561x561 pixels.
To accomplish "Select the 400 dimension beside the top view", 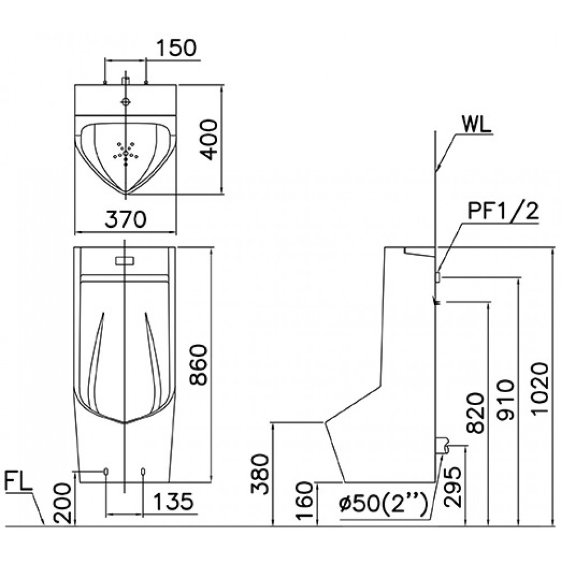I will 209,139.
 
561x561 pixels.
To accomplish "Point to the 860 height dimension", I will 199,365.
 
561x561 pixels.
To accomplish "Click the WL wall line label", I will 475,124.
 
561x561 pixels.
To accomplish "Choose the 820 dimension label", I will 475,413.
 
